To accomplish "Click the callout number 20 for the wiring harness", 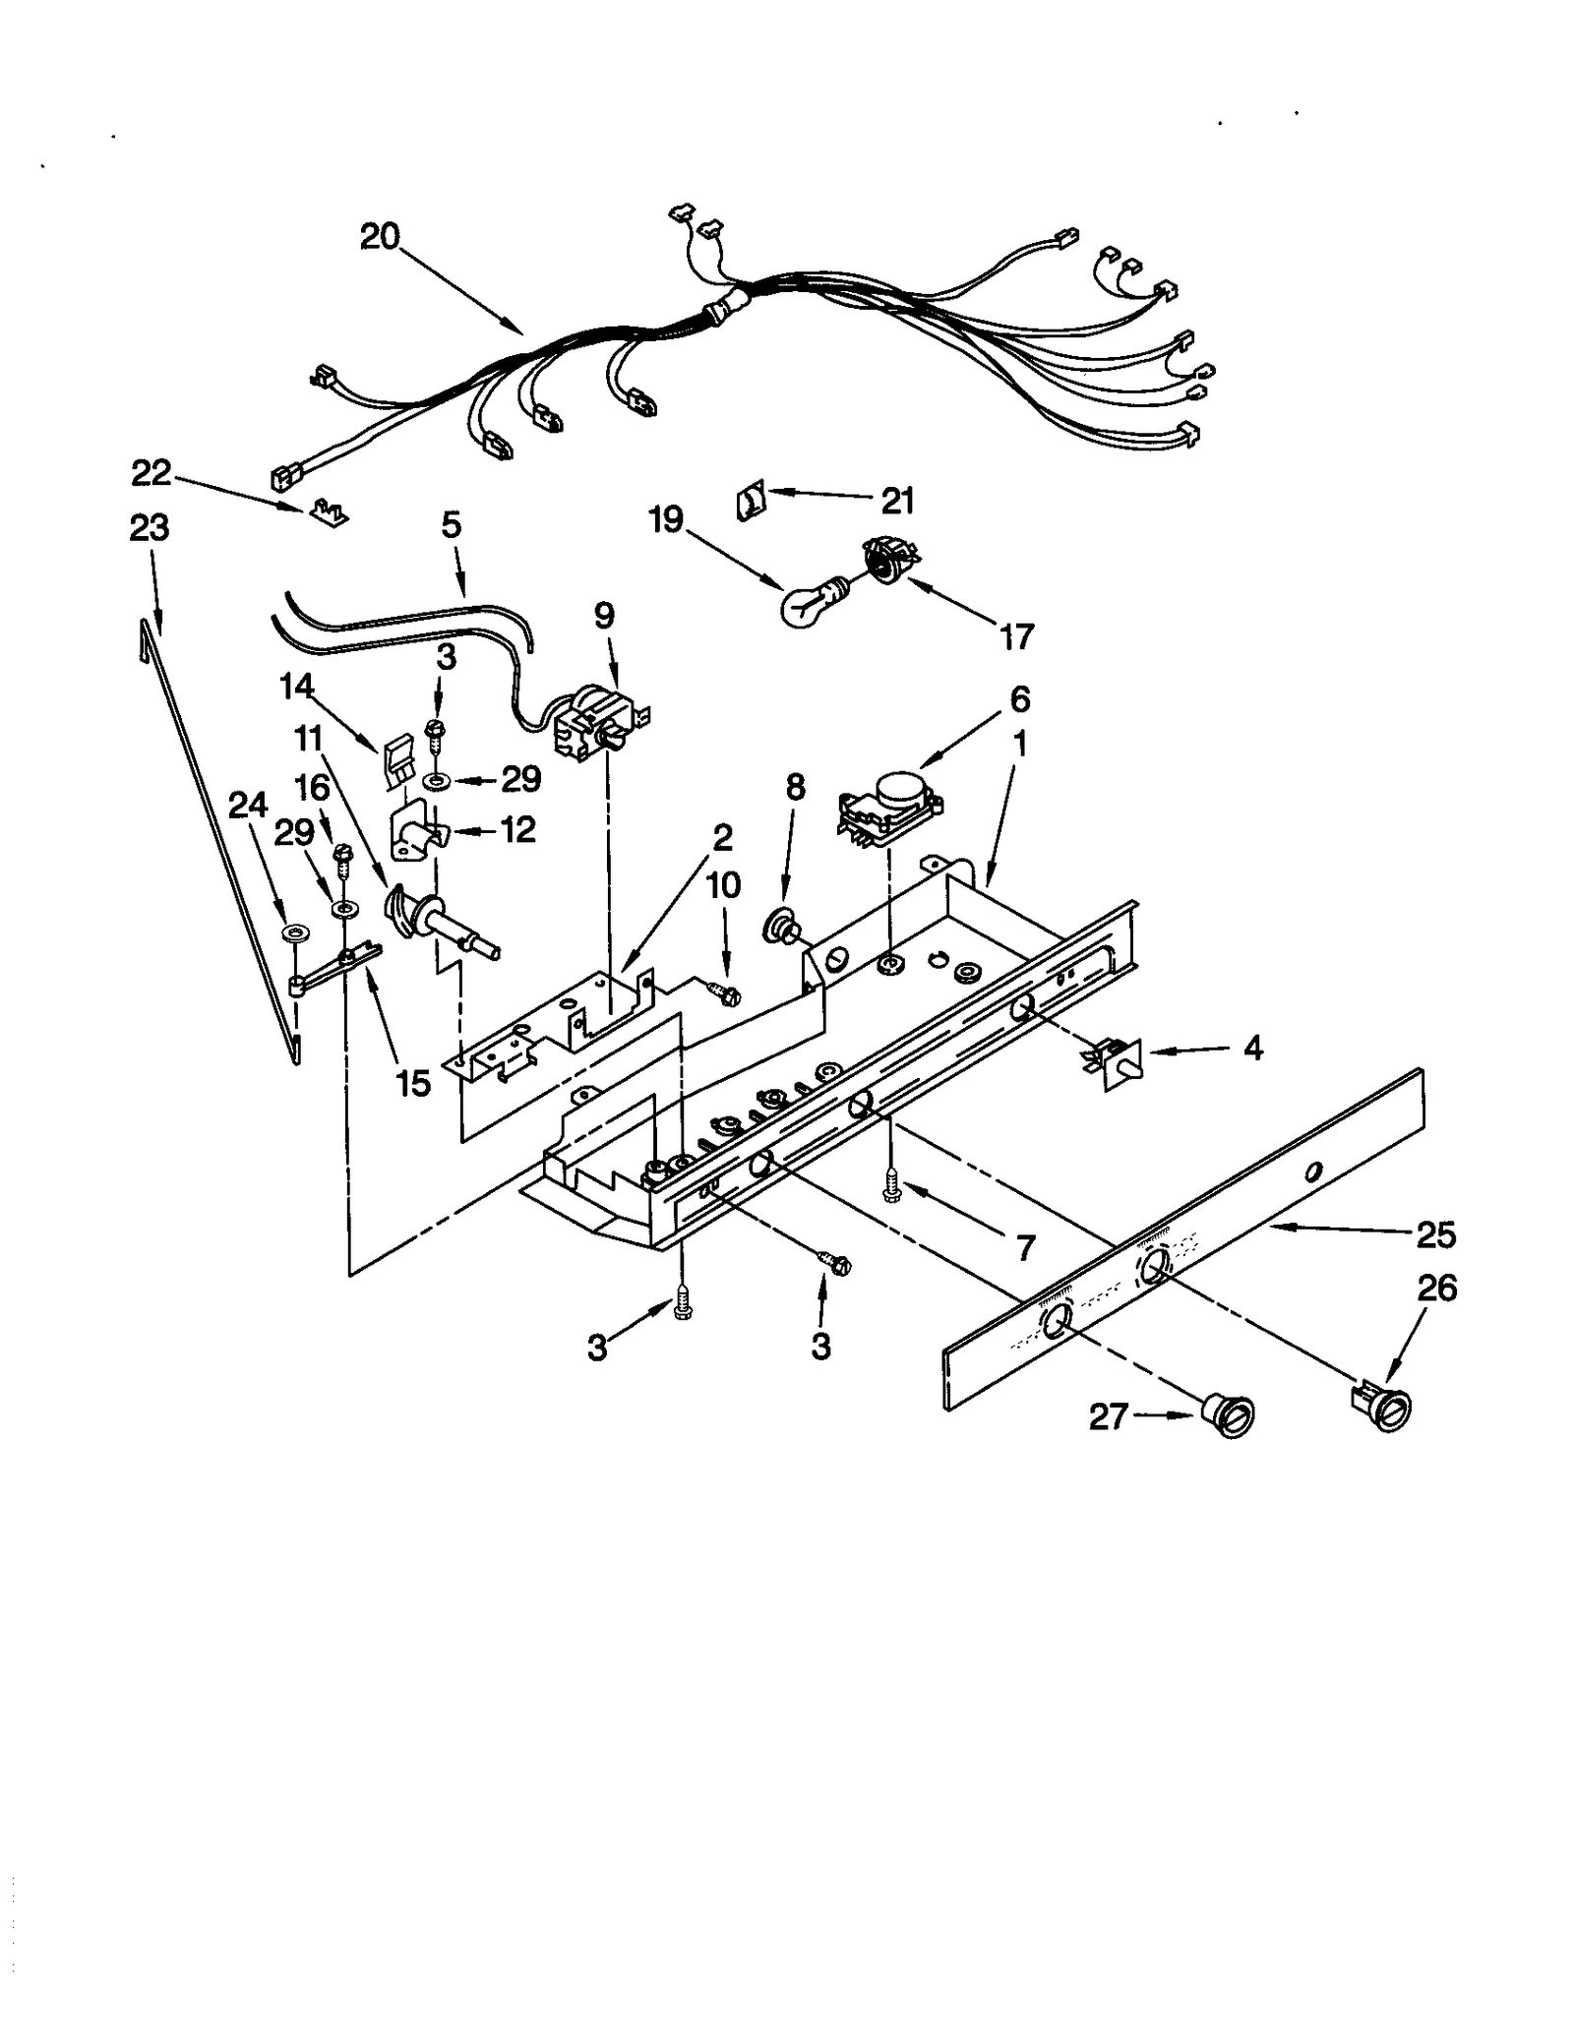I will tap(380, 237).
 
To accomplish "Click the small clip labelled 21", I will tap(750, 505).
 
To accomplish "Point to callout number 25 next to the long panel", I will tap(1434, 1234).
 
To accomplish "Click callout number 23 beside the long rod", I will tap(150, 528).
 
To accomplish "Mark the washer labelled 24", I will tap(292, 931).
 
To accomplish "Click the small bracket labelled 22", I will tap(327, 511).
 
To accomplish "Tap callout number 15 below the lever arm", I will tap(413, 1083).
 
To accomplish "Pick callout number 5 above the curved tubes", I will tap(451, 524).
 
